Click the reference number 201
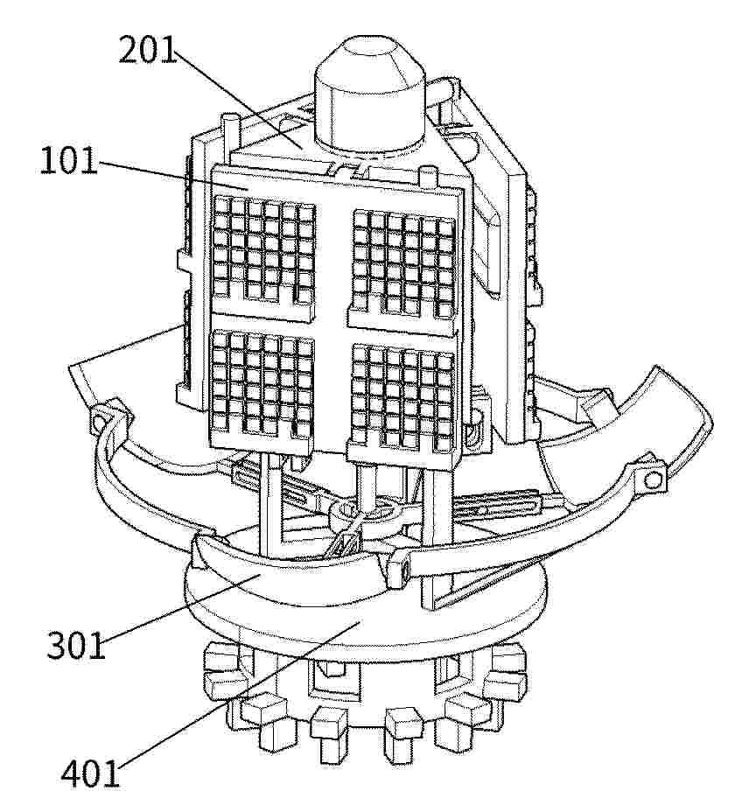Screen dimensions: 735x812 148,51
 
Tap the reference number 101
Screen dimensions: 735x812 69,160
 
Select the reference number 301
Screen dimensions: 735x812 76,645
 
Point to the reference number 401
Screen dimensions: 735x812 90,773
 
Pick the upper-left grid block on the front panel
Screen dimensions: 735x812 264,251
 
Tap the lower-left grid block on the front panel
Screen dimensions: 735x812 262,384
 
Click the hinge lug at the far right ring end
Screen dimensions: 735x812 652,478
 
